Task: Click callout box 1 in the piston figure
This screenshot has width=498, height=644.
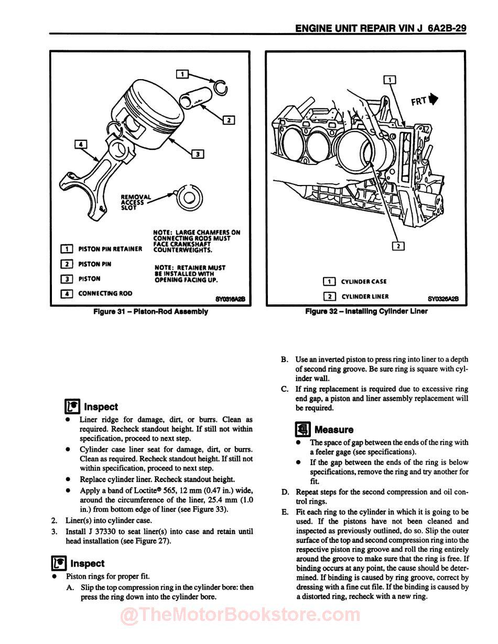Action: point(182,74)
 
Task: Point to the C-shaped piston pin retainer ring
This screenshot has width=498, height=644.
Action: point(220,86)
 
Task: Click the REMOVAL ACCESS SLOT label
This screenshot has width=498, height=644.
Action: point(135,202)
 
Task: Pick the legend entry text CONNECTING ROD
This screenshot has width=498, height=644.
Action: point(105,294)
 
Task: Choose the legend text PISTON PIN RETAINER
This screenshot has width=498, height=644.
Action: point(110,249)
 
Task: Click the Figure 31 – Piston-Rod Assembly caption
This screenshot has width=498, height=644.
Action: point(150,312)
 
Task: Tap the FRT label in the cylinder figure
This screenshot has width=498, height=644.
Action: point(418,101)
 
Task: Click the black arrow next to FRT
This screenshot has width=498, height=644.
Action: point(433,99)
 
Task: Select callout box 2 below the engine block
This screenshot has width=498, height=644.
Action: point(398,245)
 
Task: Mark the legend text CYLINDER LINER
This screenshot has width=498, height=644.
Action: point(365,297)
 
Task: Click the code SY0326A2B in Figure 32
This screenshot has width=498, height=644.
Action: point(443,299)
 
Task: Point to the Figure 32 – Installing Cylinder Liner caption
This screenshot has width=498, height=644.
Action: point(366,311)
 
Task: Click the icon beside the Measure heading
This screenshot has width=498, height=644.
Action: point(302,429)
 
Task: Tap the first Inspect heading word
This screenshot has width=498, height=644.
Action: point(101,407)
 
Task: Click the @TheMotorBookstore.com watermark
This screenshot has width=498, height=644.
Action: point(241,615)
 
